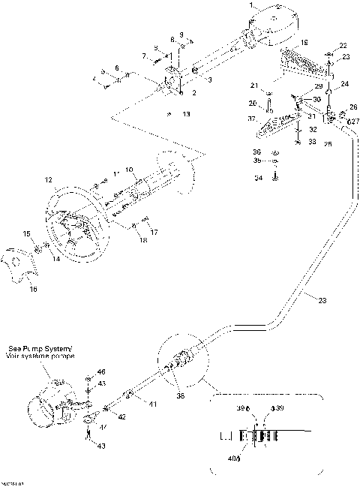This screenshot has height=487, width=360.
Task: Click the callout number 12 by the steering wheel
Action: coord(49,180)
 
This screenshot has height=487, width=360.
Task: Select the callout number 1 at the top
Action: coord(251,5)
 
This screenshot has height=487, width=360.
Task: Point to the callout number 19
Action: coord(304,44)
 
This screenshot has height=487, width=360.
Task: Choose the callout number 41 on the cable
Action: coord(152,404)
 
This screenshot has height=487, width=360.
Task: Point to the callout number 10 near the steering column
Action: coord(129,170)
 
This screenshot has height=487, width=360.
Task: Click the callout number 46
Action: coord(101,372)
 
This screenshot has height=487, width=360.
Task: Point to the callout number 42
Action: coord(121,416)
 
